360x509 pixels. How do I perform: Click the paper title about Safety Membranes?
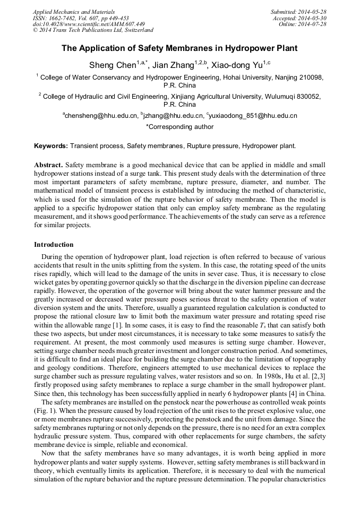coord(179,48)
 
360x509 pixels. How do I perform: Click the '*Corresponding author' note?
coord(179,127)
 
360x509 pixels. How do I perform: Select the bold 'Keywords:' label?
coord(51,145)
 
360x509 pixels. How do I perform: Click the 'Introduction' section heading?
coord(54,245)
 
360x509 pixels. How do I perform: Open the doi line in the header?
coord(89,24)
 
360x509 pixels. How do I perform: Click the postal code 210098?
coord(310,77)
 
